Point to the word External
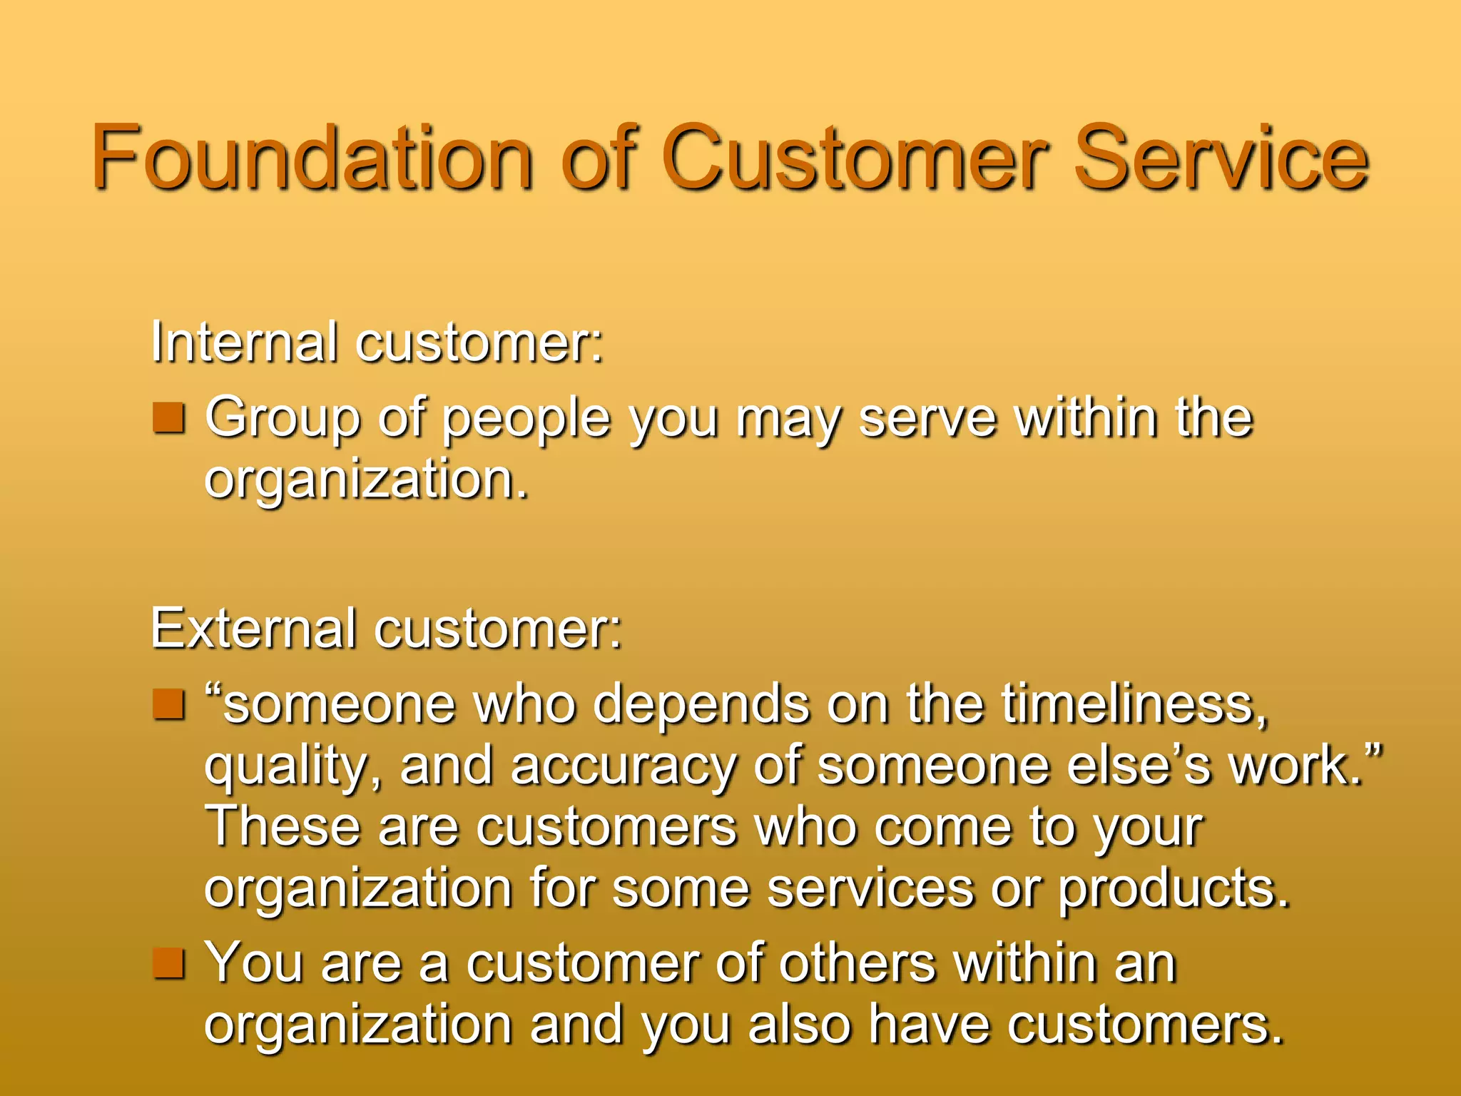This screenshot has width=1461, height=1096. pos(253,629)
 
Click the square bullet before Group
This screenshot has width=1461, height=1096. pos(169,417)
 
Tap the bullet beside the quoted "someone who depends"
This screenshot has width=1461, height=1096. pos(169,704)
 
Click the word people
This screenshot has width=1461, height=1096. pos(526,420)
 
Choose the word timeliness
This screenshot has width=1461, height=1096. pos(1134,705)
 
